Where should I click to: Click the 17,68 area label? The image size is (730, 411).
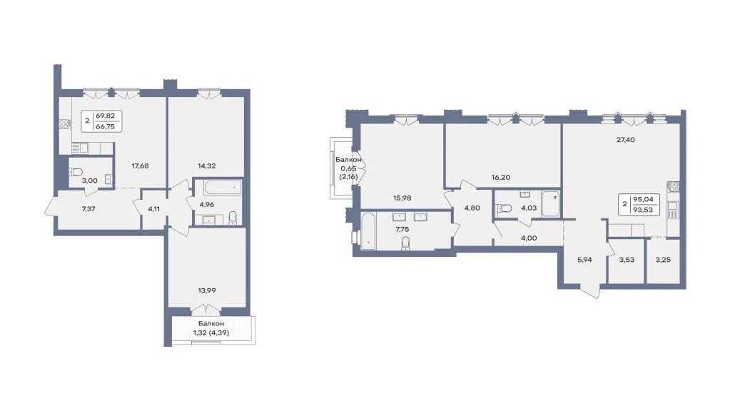tap(140, 166)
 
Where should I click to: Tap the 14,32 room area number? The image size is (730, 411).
tap(207, 166)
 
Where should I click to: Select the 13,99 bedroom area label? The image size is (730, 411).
tap(207, 290)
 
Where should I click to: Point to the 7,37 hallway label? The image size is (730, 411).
tap(88, 209)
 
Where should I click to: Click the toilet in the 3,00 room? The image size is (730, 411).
tap(76, 172)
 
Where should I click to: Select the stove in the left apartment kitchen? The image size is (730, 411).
tap(64, 124)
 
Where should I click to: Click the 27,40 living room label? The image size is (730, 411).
tap(626, 140)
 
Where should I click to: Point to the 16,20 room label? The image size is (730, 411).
tap(501, 178)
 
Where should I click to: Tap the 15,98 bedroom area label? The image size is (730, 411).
tap(402, 198)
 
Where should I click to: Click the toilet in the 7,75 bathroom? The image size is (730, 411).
tap(405, 243)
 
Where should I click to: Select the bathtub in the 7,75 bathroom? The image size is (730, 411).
tap(367, 231)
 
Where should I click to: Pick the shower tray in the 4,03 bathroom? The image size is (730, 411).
tap(551, 203)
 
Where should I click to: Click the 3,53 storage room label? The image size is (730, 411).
tap(627, 260)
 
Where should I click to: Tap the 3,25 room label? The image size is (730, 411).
tap(663, 260)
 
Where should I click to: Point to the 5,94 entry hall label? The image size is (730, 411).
tap(584, 260)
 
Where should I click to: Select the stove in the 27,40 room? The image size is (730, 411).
tap(673, 187)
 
